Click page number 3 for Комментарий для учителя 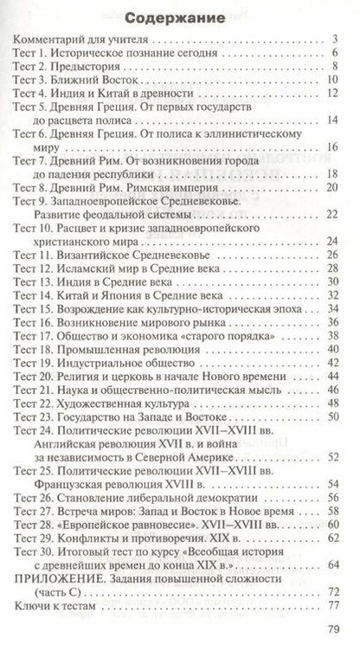click(334, 39)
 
